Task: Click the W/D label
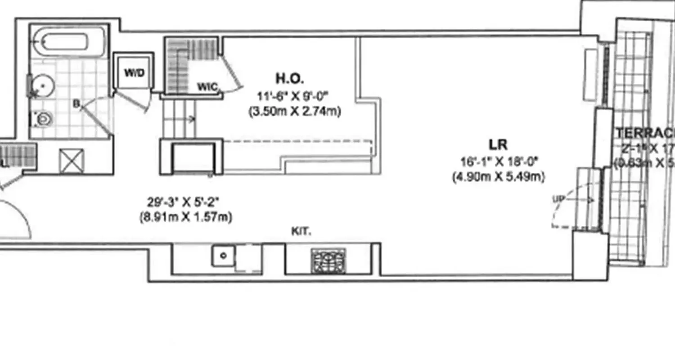click(x=134, y=73)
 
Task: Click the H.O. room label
click(x=290, y=79)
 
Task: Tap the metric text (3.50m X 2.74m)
click(x=295, y=111)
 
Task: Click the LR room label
click(x=498, y=145)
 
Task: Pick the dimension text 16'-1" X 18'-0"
click(x=499, y=161)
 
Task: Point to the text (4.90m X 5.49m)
click(x=498, y=177)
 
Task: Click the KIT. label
click(x=301, y=232)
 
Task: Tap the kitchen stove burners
click(x=328, y=261)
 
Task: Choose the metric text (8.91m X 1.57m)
click(x=186, y=217)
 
